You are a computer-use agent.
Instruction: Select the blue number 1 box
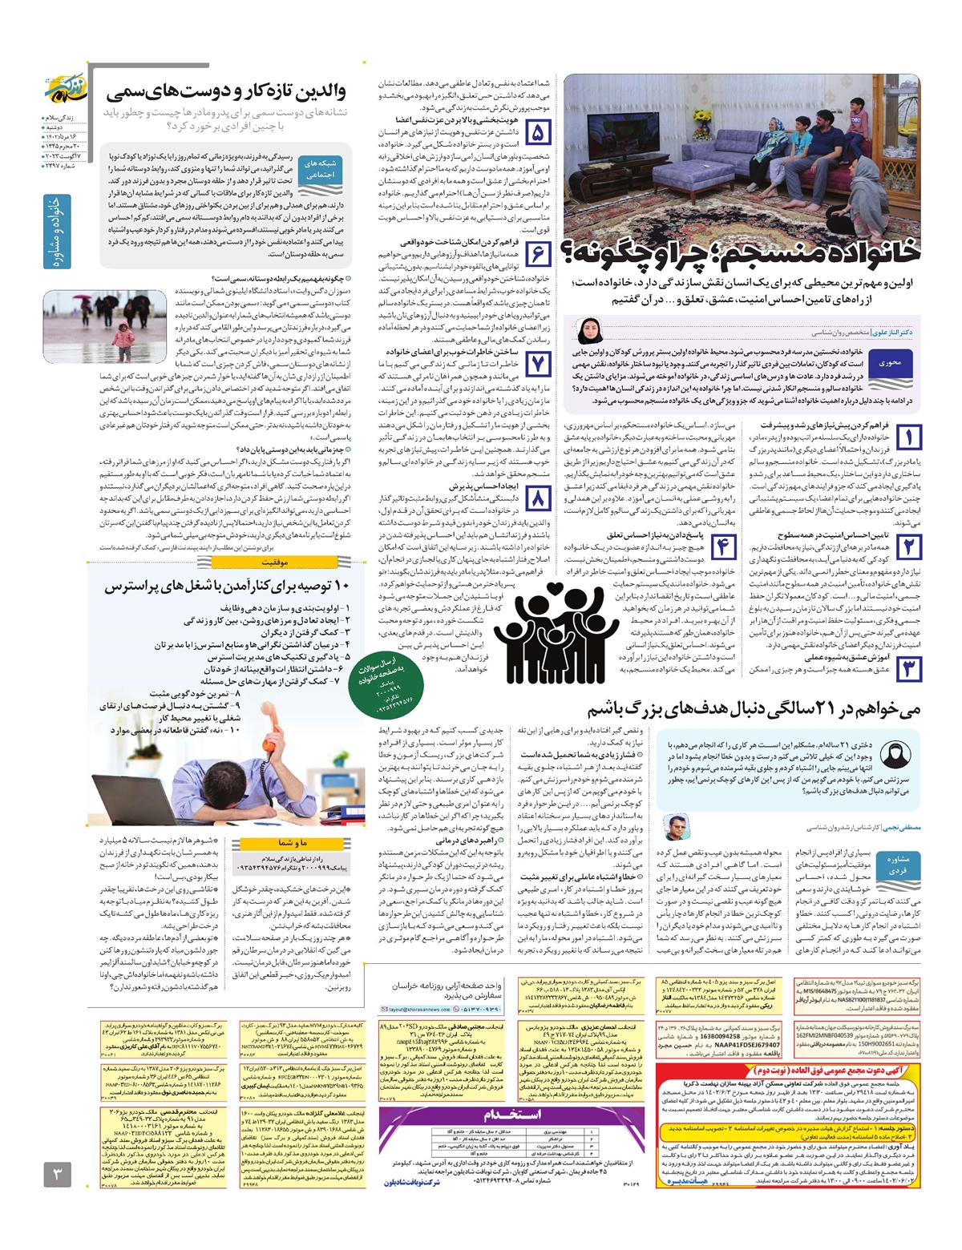[908, 437]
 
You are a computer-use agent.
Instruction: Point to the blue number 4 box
[723, 547]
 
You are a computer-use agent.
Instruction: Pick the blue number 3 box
[908, 668]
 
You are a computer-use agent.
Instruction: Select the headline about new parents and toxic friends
[226, 92]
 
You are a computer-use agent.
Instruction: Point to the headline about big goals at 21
[754, 709]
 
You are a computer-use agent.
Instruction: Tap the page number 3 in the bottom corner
[57, 1175]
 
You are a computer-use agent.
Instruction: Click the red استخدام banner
[511, 1115]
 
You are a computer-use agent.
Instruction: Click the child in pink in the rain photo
[123, 336]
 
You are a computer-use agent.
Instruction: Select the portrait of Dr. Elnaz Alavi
[588, 330]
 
